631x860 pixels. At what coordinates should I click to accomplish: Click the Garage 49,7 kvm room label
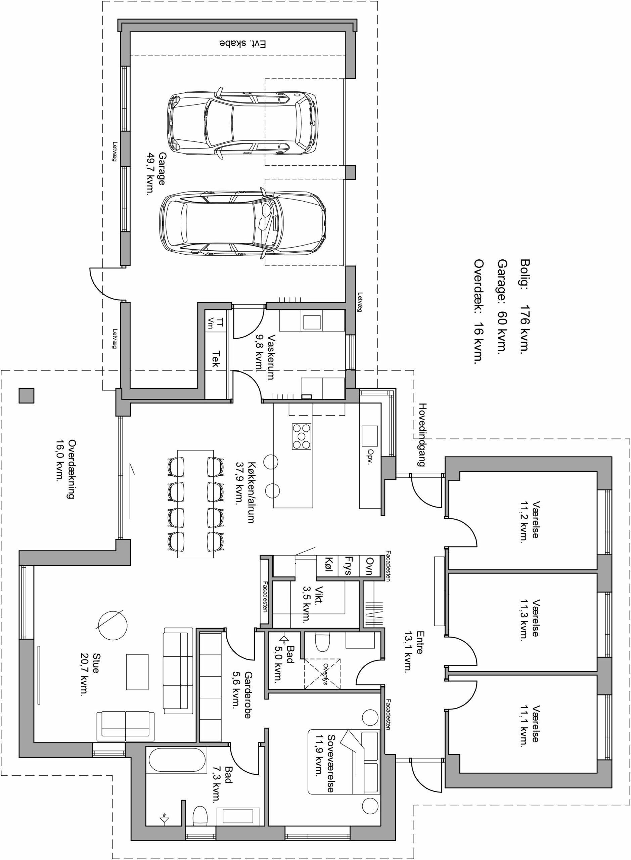(x=156, y=174)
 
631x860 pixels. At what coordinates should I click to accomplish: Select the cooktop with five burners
(x=301, y=436)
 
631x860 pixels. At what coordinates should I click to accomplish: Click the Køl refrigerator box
(x=329, y=565)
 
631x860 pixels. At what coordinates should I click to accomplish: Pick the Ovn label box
(x=369, y=565)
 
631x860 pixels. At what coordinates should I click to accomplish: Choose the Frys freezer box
(x=350, y=565)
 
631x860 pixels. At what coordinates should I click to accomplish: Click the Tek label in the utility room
(x=217, y=359)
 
